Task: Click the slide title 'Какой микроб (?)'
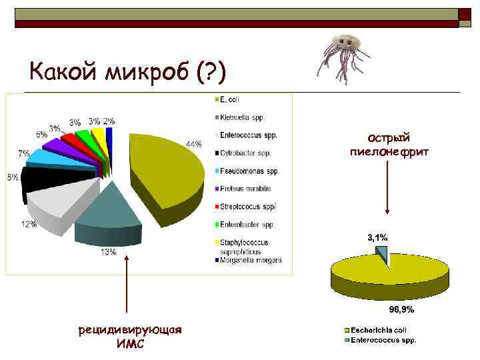click(x=128, y=69)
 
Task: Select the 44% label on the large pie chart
click(x=194, y=144)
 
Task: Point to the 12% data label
click(x=29, y=224)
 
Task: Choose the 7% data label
click(x=23, y=153)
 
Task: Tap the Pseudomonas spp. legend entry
click(x=249, y=171)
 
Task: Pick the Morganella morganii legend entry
click(x=251, y=260)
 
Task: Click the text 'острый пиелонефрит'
click(x=390, y=145)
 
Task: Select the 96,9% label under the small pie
click(x=401, y=309)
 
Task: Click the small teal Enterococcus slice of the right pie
click(x=381, y=252)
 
